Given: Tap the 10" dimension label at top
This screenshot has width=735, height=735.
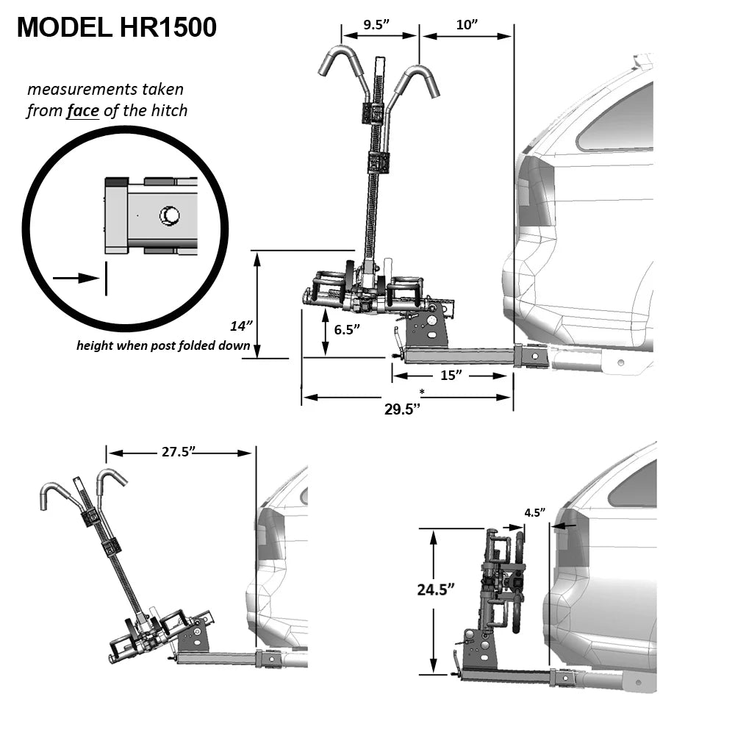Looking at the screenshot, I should (467, 25).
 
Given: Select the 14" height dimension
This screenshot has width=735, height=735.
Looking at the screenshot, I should (240, 324).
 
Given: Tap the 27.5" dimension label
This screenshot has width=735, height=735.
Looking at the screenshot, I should (179, 452).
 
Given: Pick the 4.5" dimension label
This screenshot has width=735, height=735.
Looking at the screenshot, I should (534, 512).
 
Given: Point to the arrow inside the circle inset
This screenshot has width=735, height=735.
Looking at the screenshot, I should (76, 278).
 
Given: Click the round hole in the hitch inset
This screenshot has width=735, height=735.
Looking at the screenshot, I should (170, 215).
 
